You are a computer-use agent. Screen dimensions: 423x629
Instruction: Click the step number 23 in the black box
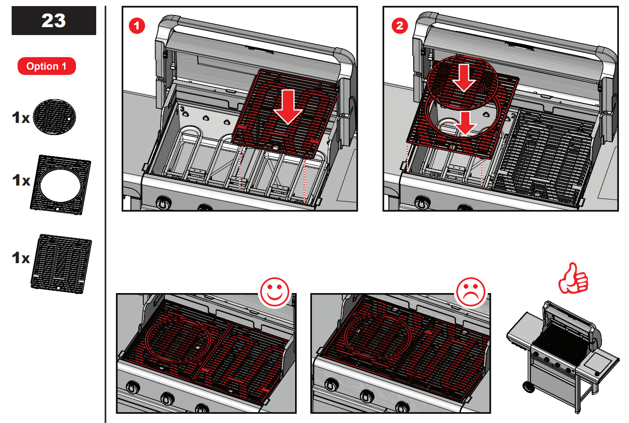pyautogui.click(x=54, y=21)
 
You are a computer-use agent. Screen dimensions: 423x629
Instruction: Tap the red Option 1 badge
pyautogui.click(x=47, y=66)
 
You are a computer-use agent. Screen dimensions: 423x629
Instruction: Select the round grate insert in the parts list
pyautogui.click(x=54, y=117)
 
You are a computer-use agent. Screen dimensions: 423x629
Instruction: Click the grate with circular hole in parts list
pyautogui.click(x=61, y=185)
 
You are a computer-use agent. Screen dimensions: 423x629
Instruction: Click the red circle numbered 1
pyautogui.click(x=136, y=26)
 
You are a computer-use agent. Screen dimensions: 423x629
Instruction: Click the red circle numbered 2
pyautogui.click(x=399, y=26)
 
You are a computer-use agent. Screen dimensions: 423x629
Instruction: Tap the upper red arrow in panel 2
pyautogui.click(x=464, y=78)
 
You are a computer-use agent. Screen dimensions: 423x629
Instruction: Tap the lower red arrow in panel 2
pyautogui.click(x=466, y=123)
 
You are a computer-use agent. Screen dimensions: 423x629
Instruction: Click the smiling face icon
pyautogui.click(x=275, y=292)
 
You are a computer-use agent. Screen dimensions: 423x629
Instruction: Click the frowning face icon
pyautogui.click(x=471, y=292)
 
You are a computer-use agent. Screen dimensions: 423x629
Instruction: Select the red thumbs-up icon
pyautogui.click(x=573, y=279)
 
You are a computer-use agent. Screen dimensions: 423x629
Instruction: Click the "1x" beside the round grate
pyautogui.click(x=21, y=118)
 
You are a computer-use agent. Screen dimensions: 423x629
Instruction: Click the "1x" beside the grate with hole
pyautogui.click(x=21, y=180)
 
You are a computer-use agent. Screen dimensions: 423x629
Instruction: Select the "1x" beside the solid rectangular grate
pyautogui.click(x=21, y=258)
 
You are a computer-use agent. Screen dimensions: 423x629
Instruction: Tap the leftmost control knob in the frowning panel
pyautogui.click(x=332, y=385)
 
